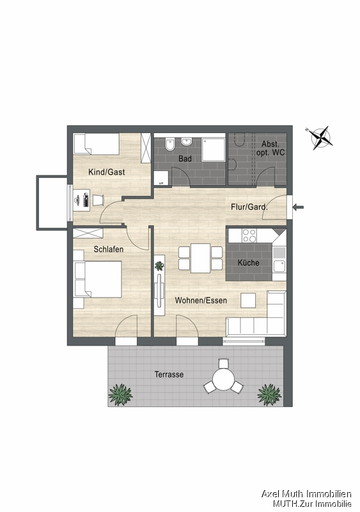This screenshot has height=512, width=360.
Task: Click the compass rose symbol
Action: click(x=321, y=138)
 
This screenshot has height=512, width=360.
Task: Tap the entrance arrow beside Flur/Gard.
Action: click(x=299, y=207)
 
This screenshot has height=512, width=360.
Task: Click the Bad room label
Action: click(x=185, y=159)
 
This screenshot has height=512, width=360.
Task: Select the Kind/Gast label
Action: click(x=106, y=172)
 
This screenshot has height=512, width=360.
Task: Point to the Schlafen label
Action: click(x=108, y=249)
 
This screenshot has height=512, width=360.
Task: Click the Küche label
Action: click(x=248, y=262)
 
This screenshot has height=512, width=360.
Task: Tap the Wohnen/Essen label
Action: click(x=201, y=300)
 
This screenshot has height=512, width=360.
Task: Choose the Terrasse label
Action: click(x=169, y=374)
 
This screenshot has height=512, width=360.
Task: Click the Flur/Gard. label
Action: click(x=249, y=207)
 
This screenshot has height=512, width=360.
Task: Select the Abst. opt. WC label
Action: click(x=270, y=148)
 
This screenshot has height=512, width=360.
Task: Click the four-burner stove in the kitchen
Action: click(x=249, y=236)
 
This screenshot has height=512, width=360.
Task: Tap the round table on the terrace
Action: click(x=224, y=379)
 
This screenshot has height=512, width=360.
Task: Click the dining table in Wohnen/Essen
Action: click(x=200, y=258)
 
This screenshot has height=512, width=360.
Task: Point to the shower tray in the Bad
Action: click(x=213, y=149)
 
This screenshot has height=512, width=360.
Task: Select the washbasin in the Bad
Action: click(x=186, y=142)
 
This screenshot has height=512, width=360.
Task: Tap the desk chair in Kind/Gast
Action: click(x=98, y=200)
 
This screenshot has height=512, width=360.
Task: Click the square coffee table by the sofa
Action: click(x=248, y=300)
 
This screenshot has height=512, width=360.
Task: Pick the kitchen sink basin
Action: click(x=279, y=266)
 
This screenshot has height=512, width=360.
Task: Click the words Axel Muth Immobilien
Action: click(x=306, y=493)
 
